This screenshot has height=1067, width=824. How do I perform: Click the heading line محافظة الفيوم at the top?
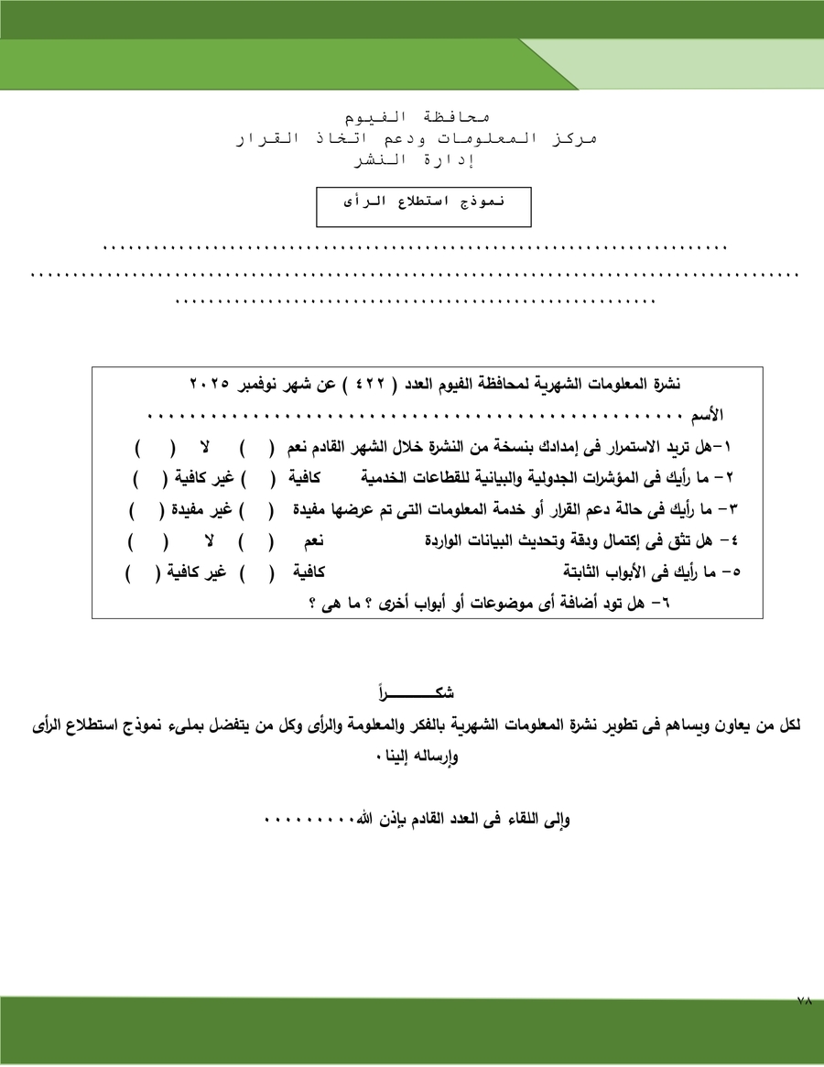(x=417, y=118)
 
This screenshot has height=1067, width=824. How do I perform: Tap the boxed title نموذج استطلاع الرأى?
(x=424, y=201)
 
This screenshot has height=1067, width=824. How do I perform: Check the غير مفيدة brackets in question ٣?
(x=146, y=509)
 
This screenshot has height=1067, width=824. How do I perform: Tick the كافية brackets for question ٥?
(x=259, y=573)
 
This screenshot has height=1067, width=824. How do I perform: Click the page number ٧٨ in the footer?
(x=804, y=1002)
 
